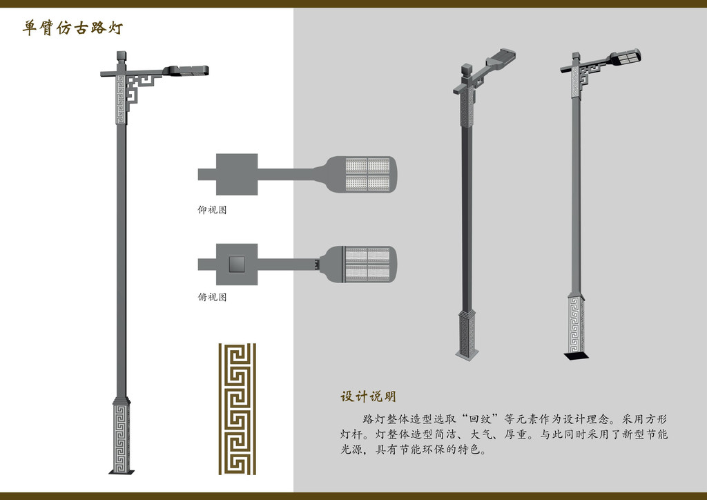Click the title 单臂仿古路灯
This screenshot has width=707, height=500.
pyautogui.click(x=72, y=28)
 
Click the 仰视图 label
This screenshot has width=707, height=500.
pyautogui.click(x=212, y=210)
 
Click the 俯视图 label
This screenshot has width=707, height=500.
pyautogui.click(x=212, y=297)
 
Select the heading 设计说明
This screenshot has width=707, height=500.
pyautogui.click(x=368, y=396)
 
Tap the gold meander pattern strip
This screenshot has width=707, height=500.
pyautogui.click(x=238, y=409)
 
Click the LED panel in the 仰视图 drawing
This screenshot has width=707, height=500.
pyautogui.click(x=367, y=175)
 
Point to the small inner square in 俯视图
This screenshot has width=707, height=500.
pyautogui.click(x=237, y=265)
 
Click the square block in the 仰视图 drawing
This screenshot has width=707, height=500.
pyautogui.click(x=237, y=175)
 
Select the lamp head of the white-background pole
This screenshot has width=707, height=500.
pyautogui.click(x=186, y=70)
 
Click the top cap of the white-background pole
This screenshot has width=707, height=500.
pyautogui.click(x=122, y=57)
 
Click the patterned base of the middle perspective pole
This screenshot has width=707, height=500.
pyautogui.click(x=467, y=334)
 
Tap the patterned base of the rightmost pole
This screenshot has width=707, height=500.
pyautogui.click(x=576, y=325)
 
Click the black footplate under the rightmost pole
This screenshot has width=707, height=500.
pyautogui.click(x=577, y=356)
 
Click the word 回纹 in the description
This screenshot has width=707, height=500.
pyautogui.click(x=480, y=419)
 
